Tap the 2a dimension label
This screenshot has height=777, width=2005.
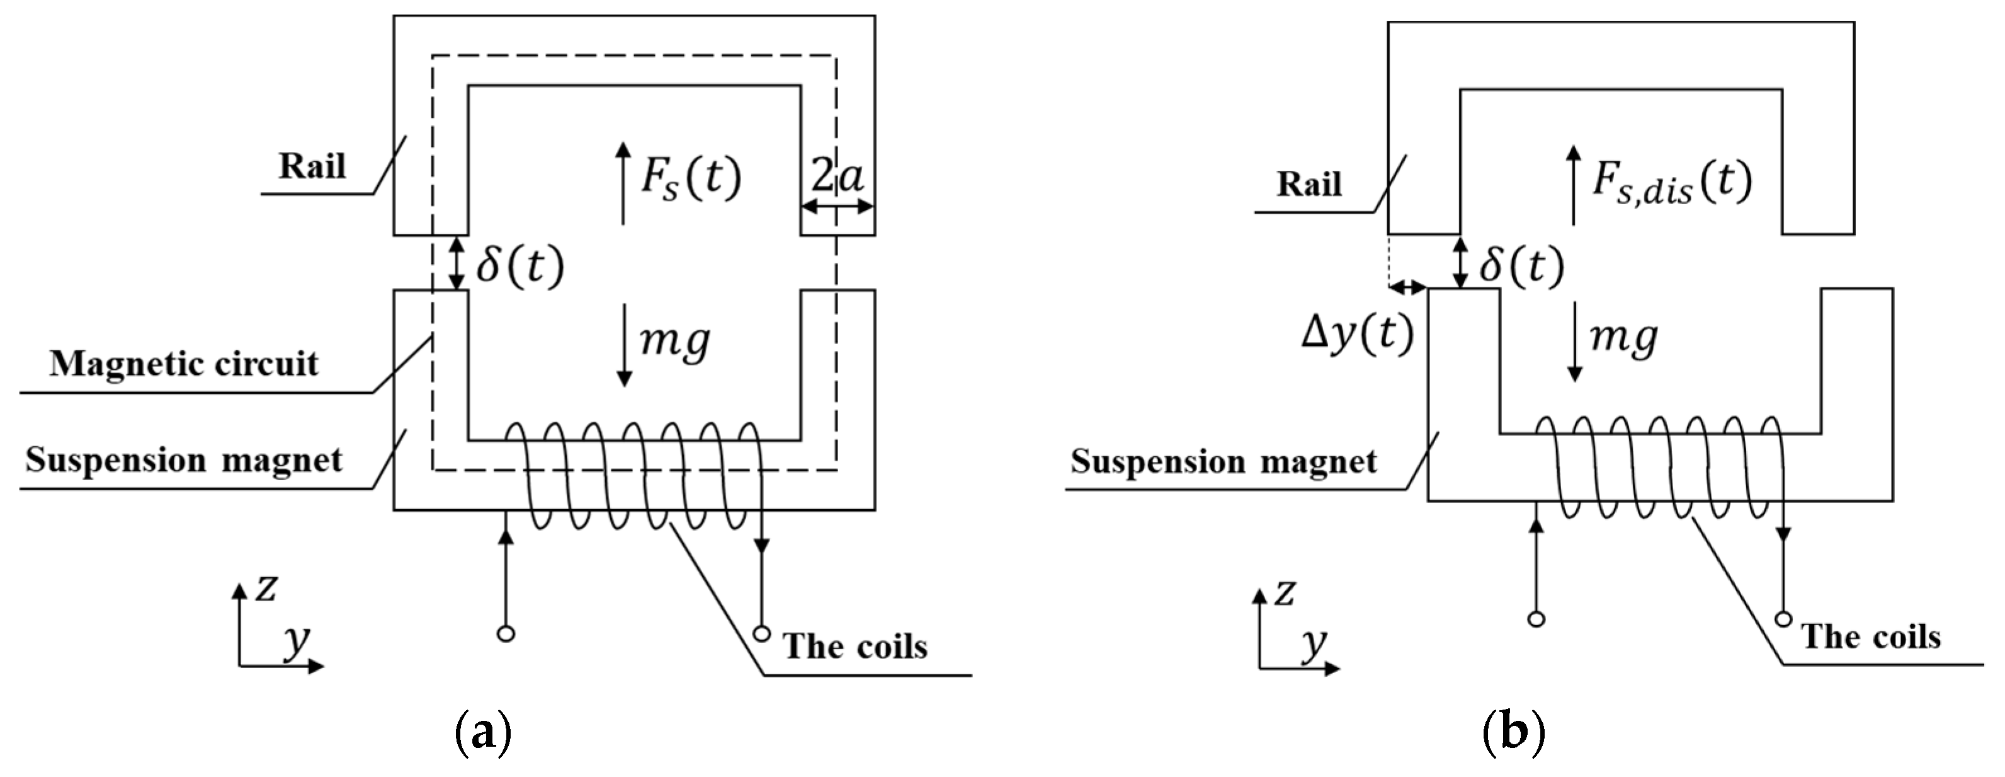(838, 178)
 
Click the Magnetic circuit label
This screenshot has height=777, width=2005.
(185, 364)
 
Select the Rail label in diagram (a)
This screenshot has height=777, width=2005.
(312, 166)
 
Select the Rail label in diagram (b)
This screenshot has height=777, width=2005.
(1309, 185)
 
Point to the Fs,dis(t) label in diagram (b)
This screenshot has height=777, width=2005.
(1672, 182)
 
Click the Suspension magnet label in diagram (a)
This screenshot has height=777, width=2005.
(184, 460)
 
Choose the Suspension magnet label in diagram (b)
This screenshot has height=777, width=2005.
(1224, 462)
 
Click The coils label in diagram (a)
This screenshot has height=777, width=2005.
(855, 646)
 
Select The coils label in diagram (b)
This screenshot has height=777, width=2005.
(1871, 637)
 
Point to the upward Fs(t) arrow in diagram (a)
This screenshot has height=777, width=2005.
(623, 184)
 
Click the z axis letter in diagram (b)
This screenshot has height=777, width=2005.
(1284, 593)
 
